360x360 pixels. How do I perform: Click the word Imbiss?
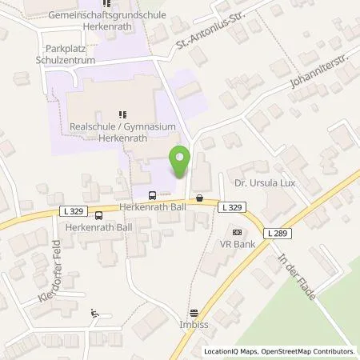click(x=193, y=326)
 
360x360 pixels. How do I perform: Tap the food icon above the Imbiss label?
click(x=193, y=313)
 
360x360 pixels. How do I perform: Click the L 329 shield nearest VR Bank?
click(x=230, y=207)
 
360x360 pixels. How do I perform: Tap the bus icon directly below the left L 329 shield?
click(x=98, y=216)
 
